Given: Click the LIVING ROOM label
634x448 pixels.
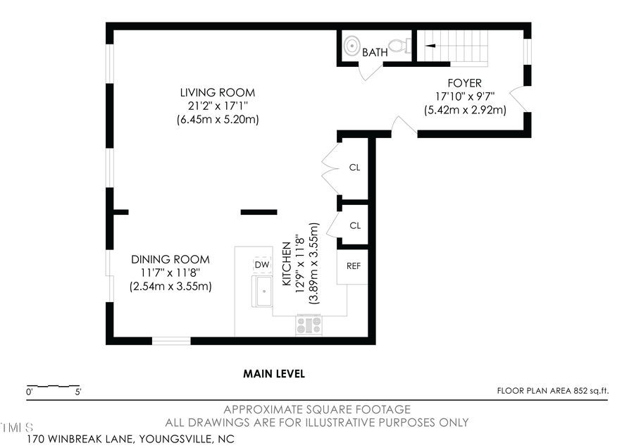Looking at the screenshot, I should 217,93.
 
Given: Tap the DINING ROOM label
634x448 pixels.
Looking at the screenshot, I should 170,260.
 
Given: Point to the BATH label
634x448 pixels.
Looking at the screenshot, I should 374,52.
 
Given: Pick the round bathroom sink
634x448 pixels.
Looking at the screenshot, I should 352,46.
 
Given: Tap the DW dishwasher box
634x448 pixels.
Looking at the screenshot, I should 262,264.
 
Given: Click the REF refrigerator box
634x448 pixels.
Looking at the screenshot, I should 353,266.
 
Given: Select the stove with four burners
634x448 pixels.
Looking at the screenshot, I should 309,325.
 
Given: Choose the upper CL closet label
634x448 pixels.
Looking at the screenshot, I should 355,168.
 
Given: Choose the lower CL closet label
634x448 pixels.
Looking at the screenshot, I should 355,225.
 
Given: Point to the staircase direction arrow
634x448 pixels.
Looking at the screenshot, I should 428,46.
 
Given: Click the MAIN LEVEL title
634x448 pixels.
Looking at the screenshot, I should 274,374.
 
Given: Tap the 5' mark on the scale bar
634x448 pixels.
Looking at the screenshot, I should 77,392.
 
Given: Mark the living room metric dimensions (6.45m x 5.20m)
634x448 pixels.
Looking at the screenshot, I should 217,120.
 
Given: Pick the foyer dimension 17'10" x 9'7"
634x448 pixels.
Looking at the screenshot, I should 464,97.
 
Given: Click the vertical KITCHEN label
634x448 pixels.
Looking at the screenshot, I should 287,263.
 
